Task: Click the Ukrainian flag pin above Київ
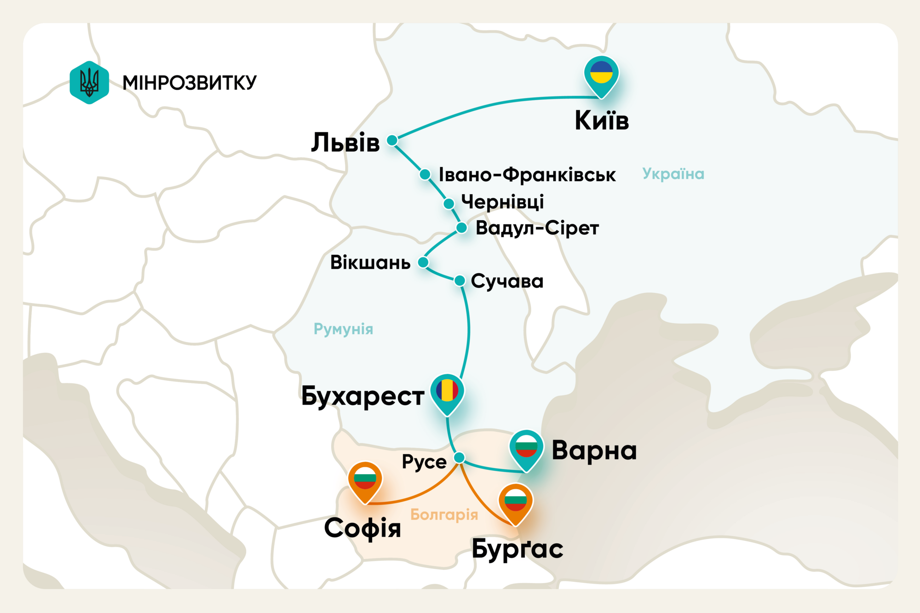click(601, 75)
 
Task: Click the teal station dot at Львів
click(392, 140)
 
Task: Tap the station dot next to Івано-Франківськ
click(425, 174)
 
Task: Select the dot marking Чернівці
click(449, 203)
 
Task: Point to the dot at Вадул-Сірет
click(462, 228)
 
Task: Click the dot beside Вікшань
click(423, 262)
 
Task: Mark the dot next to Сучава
click(460, 281)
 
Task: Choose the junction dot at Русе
click(459, 458)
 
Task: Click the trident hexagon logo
click(89, 83)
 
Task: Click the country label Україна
click(673, 174)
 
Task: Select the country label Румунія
click(343, 329)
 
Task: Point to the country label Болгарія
click(444, 515)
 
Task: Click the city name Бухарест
click(362, 396)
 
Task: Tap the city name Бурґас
click(517, 549)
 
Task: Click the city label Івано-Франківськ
click(527, 175)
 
